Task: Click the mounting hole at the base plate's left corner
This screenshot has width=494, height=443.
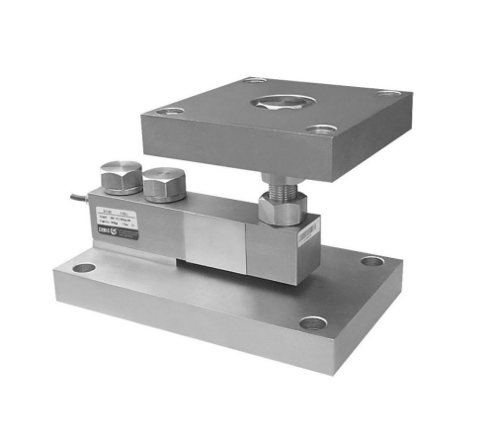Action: coord(84,267)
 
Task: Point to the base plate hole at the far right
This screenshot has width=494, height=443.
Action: coord(370,260)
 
